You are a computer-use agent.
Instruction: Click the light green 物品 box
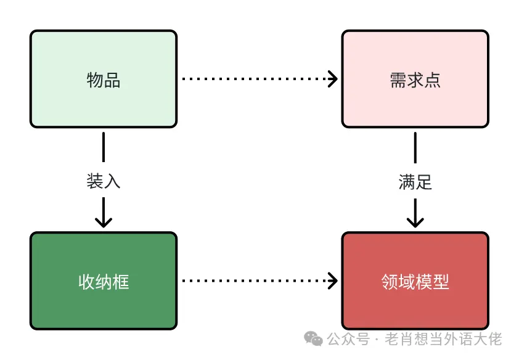point(104,79)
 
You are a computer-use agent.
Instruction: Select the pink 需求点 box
point(415,79)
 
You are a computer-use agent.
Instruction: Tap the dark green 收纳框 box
point(104,281)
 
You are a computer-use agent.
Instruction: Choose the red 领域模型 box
point(415,281)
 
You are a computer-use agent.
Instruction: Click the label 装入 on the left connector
point(104,181)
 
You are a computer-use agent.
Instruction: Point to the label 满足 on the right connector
point(415,182)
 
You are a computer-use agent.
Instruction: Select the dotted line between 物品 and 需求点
point(253,79)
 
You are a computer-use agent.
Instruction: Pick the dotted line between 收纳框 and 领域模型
point(253,281)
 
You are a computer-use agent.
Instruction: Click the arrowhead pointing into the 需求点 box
point(333,79)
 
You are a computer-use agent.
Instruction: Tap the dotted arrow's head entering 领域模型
point(333,281)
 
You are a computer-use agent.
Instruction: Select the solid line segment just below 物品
point(104,147)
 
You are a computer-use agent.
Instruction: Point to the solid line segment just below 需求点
point(415,147)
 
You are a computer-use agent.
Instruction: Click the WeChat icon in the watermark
point(315,339)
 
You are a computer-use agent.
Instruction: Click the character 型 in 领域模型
point(441,282)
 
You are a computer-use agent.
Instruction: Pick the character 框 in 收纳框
point(121,282)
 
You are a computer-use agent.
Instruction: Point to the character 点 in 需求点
point(432,80)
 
